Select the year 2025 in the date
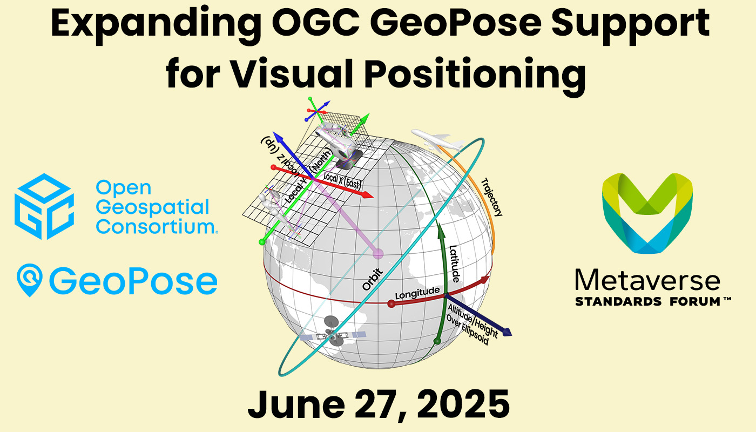pyautogui.click(x=463, y=404)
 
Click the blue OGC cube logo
pyautogui.click(x=44, y=206)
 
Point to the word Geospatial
pyautogui.click(x=152, y=207)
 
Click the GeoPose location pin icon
pyautogui.click(x=30, y=280)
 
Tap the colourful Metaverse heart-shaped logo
pyautogui.click(x=647, y=213)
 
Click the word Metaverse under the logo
pyautogui.click(x=647, y=280)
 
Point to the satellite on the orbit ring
pyautogui.click(x=333, y=333)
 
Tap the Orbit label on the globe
pyautogui.click(x=373, y=280)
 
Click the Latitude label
pyautogui.click(x=454, y=264)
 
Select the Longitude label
pyautogui.click(x=417, y=293)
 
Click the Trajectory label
pyautogui.click(x=491, y=197)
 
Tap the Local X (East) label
pyautogui.click(x=342, y=180)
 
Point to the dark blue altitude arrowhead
pyautogui.click(x=507, y=333)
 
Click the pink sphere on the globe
pyautogui.click(x=378, y=253)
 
